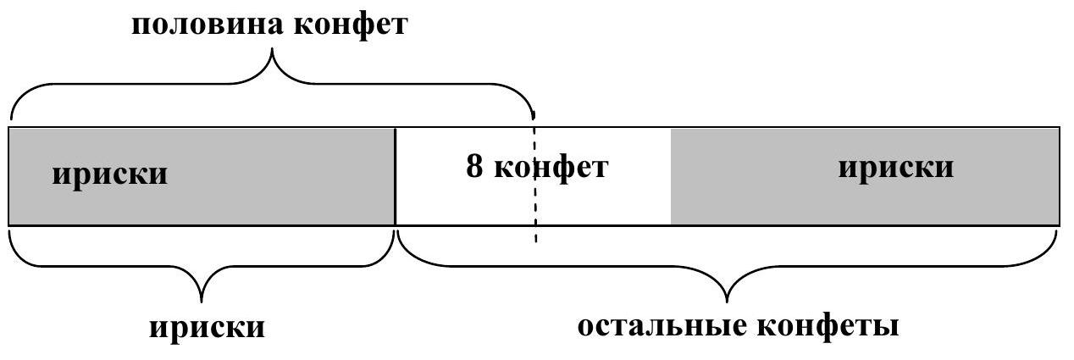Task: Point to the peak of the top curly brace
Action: pyautogui.click(x=273, y=53)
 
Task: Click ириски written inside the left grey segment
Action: pyautogui.click(x=110, y=174)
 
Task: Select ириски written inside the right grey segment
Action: pyautogui.click(x=895, y=167)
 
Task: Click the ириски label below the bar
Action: pyautogui.click(x=208, y=327)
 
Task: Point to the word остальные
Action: pyautogui.click(x=661, y=326)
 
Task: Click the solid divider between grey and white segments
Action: pyautogui.click(x=396, y=176)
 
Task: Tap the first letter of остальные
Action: pyautogui.click(x=586, y=327)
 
